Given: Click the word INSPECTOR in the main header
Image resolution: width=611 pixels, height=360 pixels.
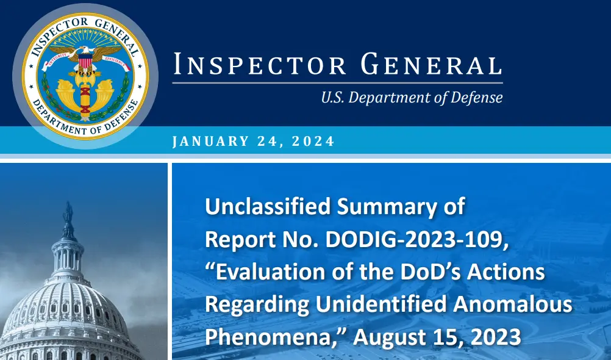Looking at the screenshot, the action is coord(260,64).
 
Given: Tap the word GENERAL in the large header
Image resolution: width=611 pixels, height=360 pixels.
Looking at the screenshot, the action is coord(431,64).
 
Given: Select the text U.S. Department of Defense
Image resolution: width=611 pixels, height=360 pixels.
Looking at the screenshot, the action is coord(412,98).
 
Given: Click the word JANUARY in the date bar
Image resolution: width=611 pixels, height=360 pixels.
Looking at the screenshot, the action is coord(210,141).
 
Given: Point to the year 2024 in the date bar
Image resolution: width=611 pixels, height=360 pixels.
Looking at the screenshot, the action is coord(313,141).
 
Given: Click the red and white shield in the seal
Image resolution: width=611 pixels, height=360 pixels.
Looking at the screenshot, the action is coord(85,61).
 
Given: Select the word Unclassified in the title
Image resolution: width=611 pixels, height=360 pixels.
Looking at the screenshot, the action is coord(268,206).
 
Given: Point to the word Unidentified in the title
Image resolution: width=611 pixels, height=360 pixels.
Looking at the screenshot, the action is coord(381,304).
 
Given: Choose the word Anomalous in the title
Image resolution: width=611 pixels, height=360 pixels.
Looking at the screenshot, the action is coord(512,304).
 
